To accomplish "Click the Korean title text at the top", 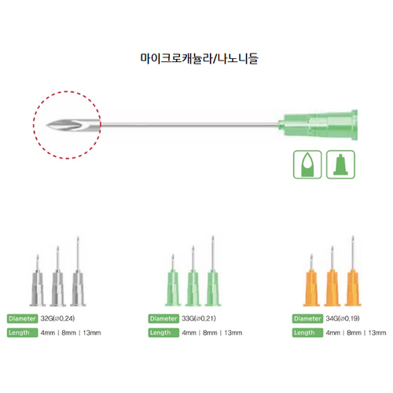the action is point(200,58).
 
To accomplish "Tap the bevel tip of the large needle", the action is point(47,126).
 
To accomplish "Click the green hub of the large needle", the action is point(318,125).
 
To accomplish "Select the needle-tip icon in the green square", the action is point(307,164).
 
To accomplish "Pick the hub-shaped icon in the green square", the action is point(340,164).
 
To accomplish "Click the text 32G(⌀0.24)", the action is point(57,318).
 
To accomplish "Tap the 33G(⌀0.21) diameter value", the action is point(199,318).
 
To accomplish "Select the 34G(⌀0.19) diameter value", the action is point(343,318).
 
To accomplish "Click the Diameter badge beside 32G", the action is point(22,318).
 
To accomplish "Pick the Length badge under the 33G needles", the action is point(163,332).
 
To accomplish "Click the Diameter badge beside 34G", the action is point(307,318).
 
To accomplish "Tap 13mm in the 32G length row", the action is point(92,332).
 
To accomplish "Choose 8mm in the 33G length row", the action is point(210,332).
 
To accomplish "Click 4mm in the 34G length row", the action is point(333,332).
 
